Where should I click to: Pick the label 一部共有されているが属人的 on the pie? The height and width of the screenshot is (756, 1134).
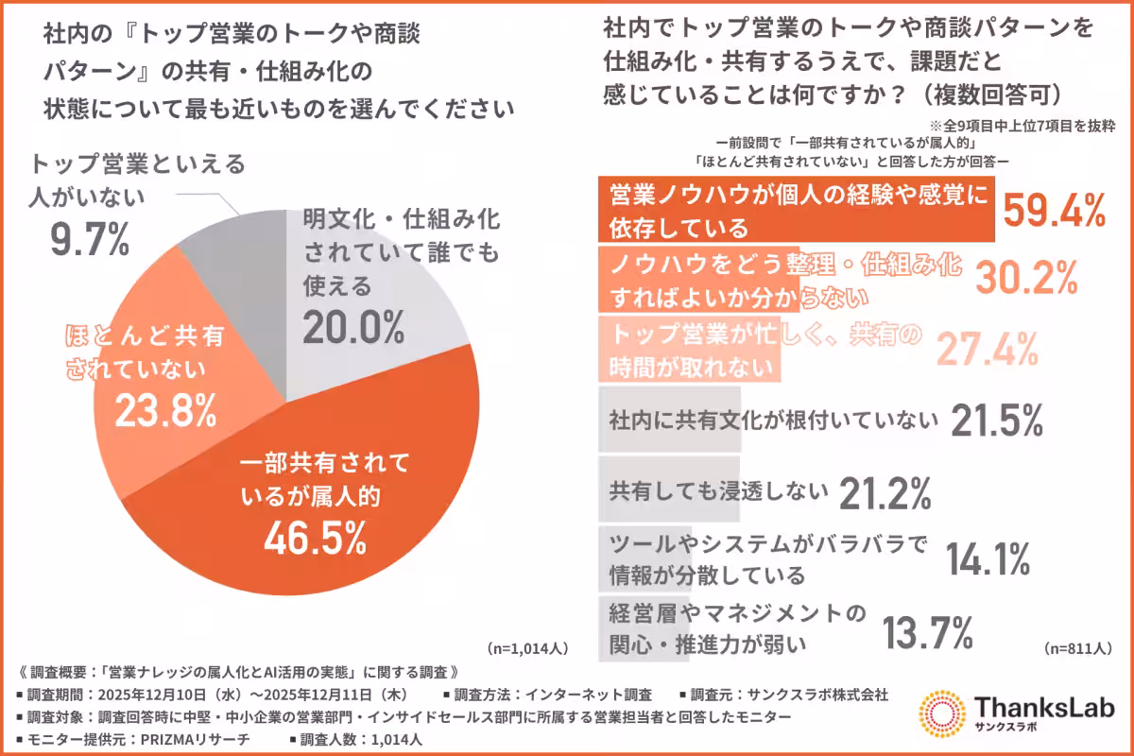point(323,477)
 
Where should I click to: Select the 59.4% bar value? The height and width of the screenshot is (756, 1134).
point(1054,212)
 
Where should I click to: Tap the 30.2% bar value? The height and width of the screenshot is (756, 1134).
point(1025,279)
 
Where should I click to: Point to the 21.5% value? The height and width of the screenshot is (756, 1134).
point(996,421)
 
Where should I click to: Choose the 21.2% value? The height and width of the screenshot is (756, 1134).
point(887,490)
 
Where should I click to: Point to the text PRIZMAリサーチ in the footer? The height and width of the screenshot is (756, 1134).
point(194,740)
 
